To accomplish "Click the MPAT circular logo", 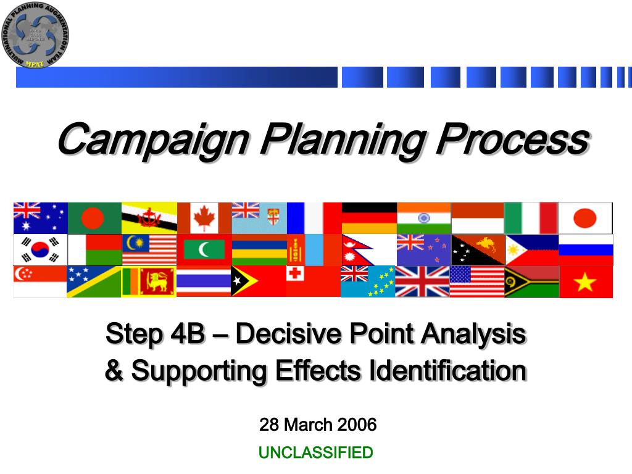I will (x=35, y=35).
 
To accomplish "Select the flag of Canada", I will (x=204, y=218).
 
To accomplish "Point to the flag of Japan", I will (x=585, y=218).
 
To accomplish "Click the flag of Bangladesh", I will (x=94, y=218).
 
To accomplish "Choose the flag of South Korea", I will (x=40, y=249).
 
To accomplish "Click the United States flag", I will (x=476, y=282).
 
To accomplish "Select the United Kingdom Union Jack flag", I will (x=422, y=282).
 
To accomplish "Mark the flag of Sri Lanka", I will (x=149, y=282).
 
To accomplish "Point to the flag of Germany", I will (x=368, y=218).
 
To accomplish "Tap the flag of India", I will (x=423, y=218).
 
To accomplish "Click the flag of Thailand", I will (x=204, y=282).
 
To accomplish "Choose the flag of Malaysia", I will (x=149, y=249).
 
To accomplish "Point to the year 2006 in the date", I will (x=356, y=425).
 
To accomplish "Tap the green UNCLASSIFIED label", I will (x=315, y=453).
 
